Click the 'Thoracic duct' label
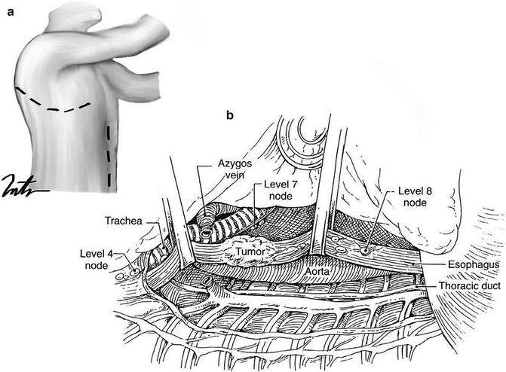tap(461, 286)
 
